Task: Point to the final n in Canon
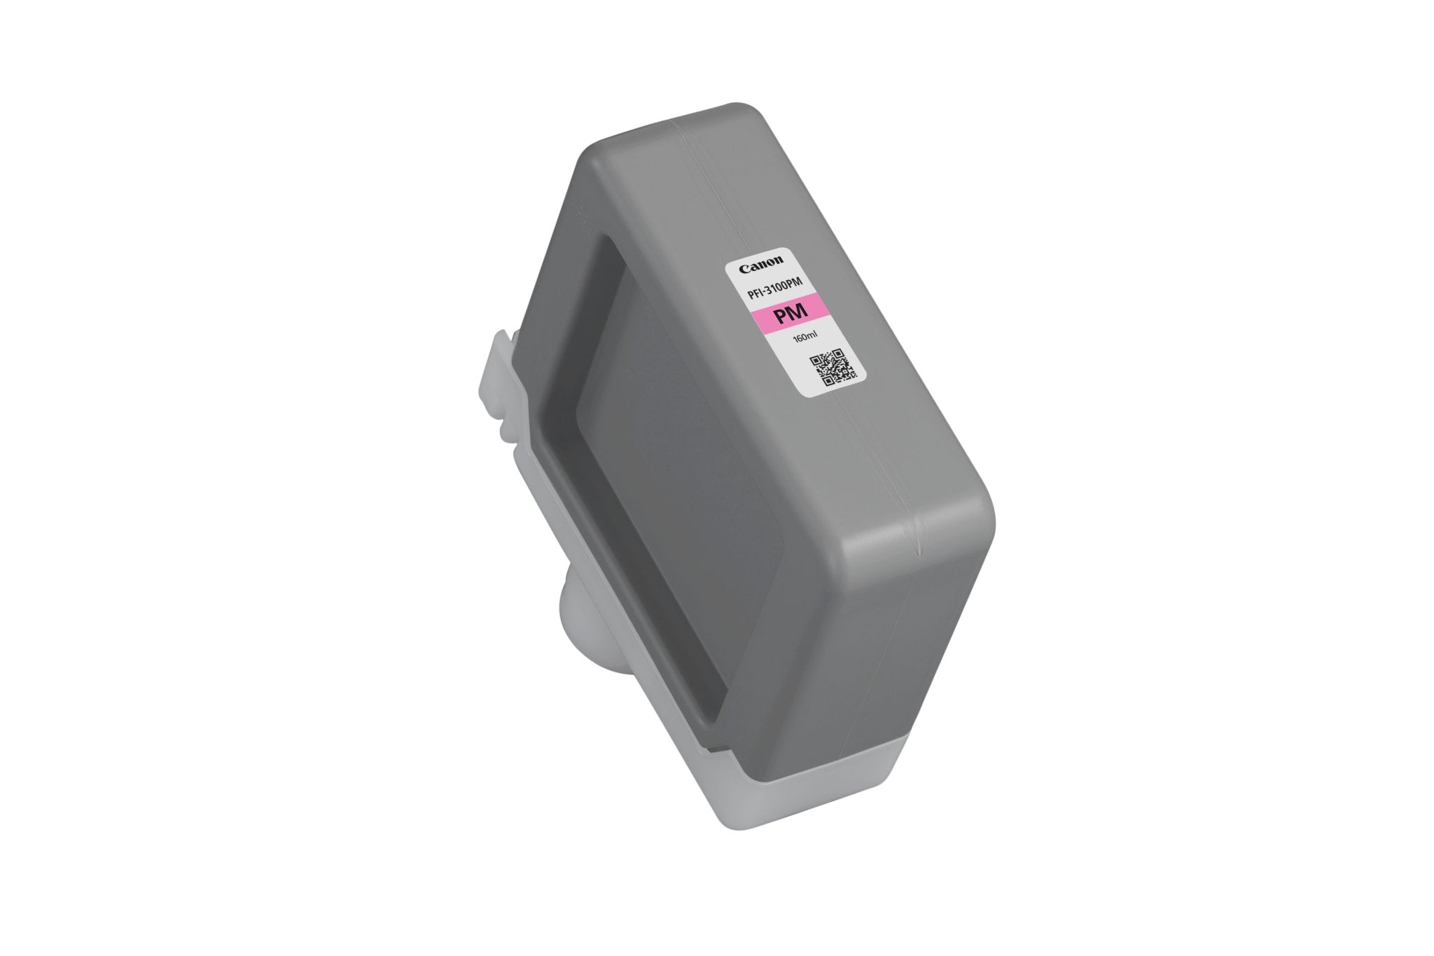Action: [x=779, y=263]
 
